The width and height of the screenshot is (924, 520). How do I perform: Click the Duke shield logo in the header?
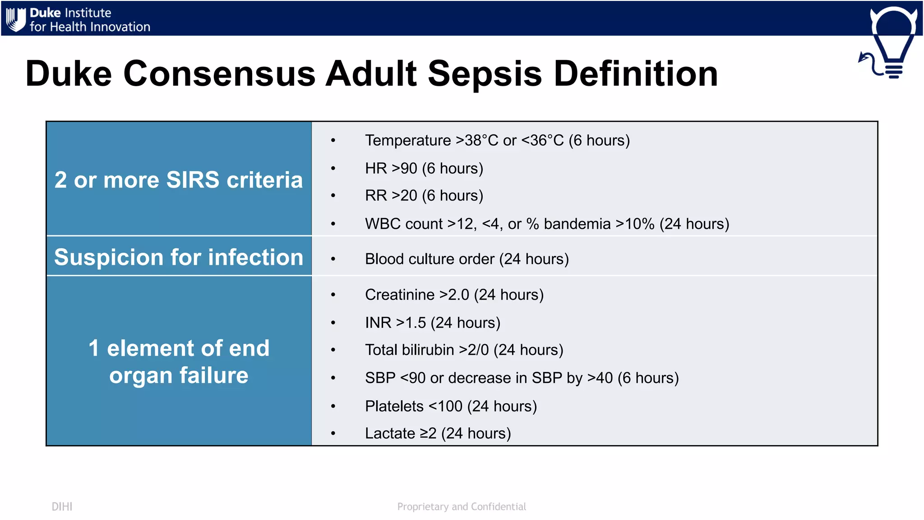click(16, 19)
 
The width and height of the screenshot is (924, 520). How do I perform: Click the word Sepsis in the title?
click(484, 74)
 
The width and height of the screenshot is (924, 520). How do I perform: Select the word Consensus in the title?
click(219, 74)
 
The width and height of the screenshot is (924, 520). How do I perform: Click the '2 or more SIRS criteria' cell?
click(179, 180)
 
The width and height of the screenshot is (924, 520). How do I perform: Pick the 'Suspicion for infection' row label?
click(179, 257)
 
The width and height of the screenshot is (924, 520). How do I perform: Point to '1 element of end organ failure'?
click(179, 362)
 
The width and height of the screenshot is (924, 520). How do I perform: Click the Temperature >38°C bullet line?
click(497, 140)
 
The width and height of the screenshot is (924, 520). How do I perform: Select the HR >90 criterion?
click(424, 168)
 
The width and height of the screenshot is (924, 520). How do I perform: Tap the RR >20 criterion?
click(424, 195)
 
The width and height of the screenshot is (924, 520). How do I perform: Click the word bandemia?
click(577, 224)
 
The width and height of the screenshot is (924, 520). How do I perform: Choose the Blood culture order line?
click(467, 259)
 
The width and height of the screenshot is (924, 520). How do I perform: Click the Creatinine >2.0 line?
click(454, 295)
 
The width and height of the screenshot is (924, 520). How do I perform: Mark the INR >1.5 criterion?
click(432, 323)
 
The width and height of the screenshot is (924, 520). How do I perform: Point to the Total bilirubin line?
click(464, 350)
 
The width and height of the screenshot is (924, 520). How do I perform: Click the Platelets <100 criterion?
click(451, 406)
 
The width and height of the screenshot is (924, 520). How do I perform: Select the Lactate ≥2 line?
click(438, 433)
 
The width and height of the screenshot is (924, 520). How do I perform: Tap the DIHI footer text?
click(62, 506)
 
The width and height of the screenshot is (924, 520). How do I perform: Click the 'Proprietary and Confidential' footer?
click(461, 506)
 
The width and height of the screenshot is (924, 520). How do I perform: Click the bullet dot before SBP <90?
click(333, 378)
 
